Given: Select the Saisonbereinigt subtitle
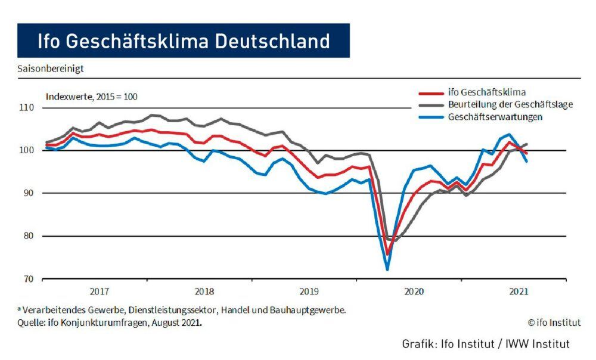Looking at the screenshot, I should pyautogui.click(x=51, y=69).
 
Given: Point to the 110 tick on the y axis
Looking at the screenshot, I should pyautogui.click(x=27, y=108).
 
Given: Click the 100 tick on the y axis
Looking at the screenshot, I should pyautogui.click(x=27, y=150).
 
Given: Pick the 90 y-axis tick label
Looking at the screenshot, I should pyautogui.click(x=29, y=193).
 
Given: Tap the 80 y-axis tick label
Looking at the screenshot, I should pyautogui.click(x=29, y=236).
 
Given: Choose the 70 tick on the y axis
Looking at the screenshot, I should pyautogui.click(x=29, y=279).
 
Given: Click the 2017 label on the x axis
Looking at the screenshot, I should pyautogui.click(x=100, y=291).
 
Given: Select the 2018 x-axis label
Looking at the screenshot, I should pyautogui.click(x=204, y=291).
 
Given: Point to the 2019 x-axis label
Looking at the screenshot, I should pyautogui.click(x=309, y=291).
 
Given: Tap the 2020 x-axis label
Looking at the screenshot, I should pyautogui.click(x=414, y=291).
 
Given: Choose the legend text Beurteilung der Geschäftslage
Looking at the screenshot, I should pyautogui.click(x=510, y=104).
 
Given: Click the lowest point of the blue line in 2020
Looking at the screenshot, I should pyautogui.click(x=387, y=269).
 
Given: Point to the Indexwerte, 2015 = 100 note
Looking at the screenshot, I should pyautogui.click(x=92, y=96).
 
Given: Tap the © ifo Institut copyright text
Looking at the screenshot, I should pyautogui.click(x=554, y=322).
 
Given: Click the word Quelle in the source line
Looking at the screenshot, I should pyautogui.click(x=30, y=323).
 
